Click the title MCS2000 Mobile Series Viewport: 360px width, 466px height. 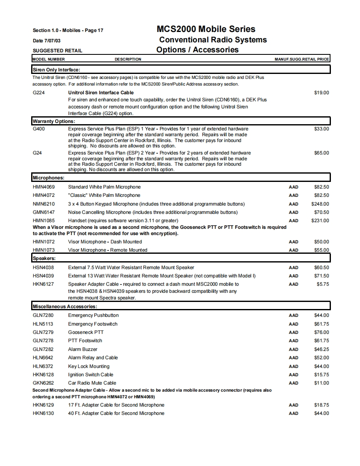206,29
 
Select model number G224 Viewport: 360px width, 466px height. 39,93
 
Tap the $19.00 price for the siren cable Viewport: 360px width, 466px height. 321,93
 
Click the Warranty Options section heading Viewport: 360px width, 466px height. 54,121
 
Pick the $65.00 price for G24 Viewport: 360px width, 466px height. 321,153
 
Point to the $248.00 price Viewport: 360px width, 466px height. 320,204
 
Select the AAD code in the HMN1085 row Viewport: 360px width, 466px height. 293,221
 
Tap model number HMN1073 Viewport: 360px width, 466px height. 44,250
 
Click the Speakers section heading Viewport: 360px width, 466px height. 44,258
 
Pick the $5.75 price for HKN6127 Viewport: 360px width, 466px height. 323,284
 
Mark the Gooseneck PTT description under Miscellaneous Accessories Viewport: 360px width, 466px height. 86,332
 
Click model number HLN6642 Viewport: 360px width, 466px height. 43,358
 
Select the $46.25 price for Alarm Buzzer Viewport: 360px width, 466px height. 321,349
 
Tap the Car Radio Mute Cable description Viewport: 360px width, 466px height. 92,383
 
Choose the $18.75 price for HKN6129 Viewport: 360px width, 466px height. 321,405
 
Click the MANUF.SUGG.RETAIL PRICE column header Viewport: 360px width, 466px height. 302,59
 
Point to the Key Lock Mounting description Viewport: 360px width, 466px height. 89,366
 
